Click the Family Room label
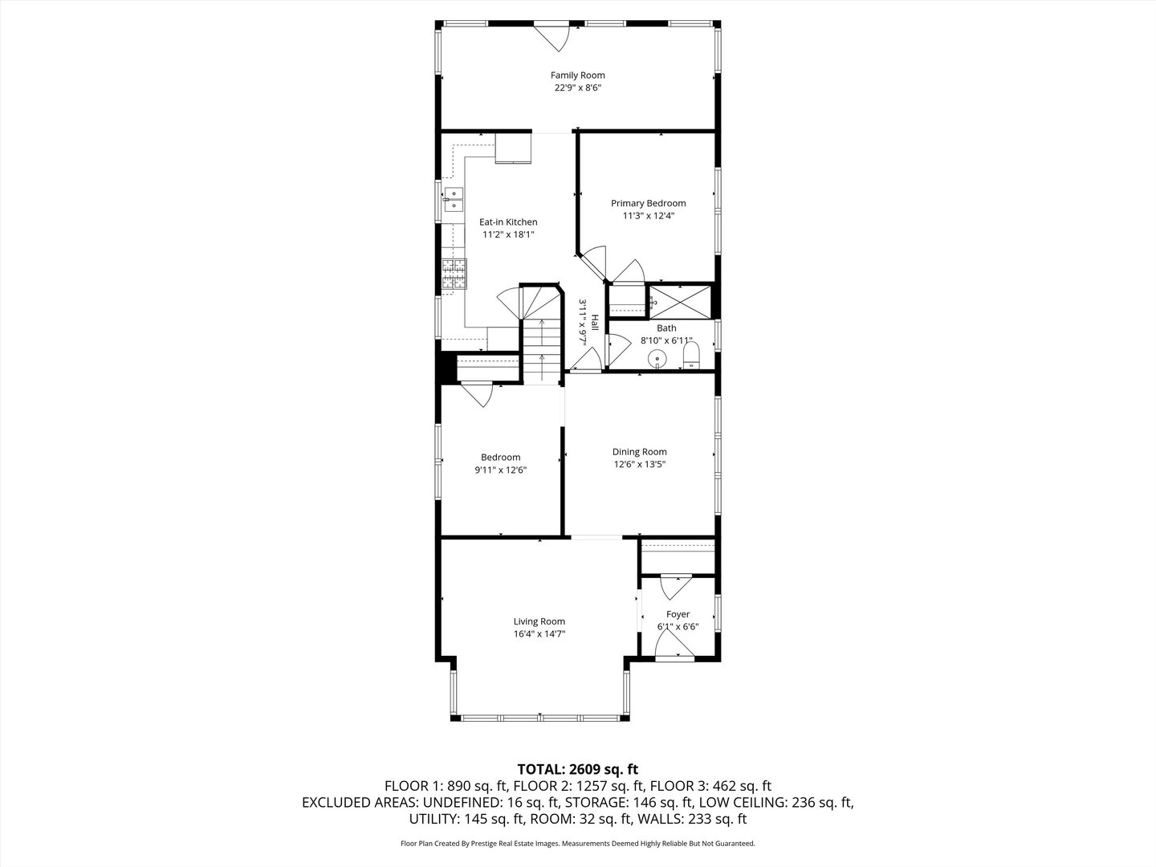577,75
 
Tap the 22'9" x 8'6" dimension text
577,88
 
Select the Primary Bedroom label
648,203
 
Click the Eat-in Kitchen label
508,222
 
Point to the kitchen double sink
453,198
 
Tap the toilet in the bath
691,354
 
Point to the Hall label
595,322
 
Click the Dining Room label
639,452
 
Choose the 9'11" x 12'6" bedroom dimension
500,470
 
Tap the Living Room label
539,621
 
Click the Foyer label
678,615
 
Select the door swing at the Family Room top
552,36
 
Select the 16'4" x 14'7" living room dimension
539,634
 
